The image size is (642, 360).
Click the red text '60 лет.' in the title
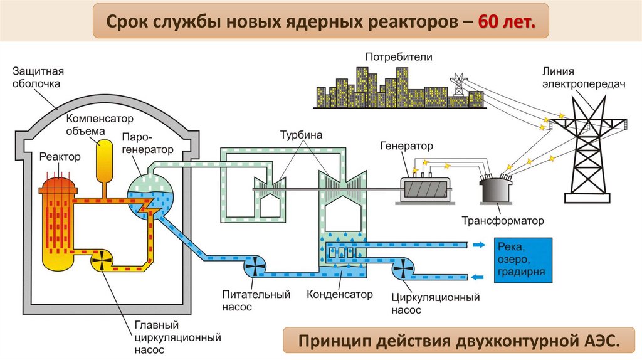pos(507,23)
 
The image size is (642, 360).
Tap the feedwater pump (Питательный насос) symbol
pos(257,268)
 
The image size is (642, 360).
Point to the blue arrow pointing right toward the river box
pos(480,245)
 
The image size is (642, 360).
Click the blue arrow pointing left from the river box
pos(480,276)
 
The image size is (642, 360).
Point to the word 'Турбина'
pos(301,134)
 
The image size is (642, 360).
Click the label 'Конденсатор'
pos(339,294)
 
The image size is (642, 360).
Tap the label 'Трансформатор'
pos(502,221)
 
